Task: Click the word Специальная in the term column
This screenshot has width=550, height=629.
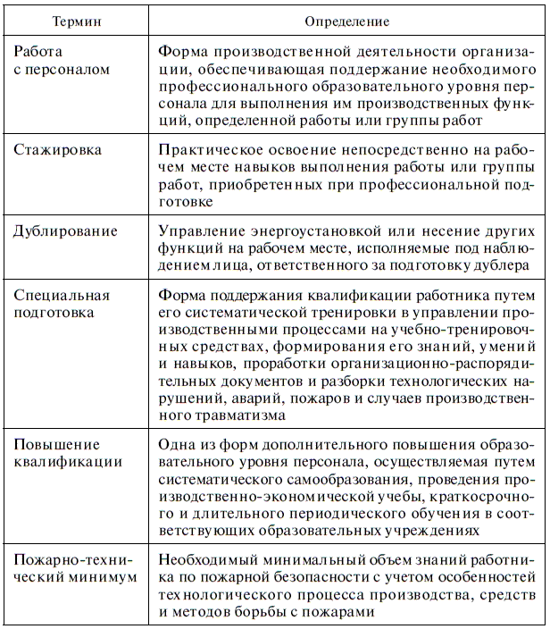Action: coord(62,294)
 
